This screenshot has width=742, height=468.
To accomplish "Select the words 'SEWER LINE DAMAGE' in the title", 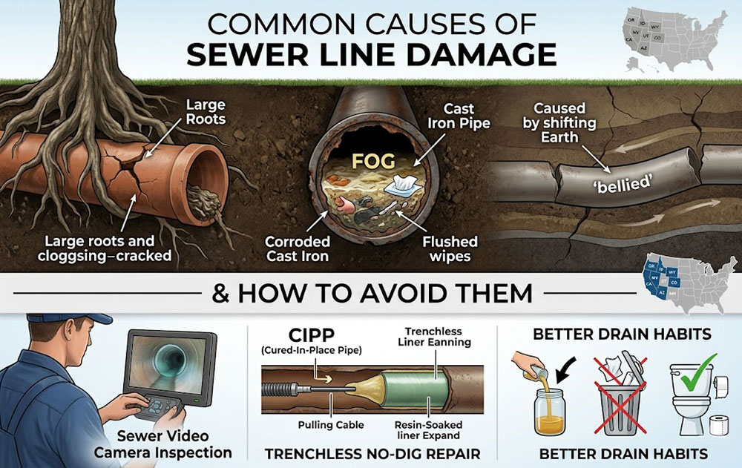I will (371, 56).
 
